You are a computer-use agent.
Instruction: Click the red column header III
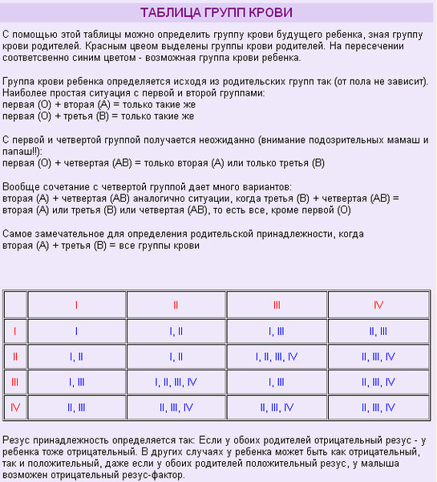click(277, 305)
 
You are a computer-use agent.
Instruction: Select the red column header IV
click(378, 305)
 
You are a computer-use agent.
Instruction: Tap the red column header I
click(76, 305)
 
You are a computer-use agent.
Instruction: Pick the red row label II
click(15, 356)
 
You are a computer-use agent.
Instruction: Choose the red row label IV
click(15, 407)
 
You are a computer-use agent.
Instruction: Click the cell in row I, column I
click(76, 330)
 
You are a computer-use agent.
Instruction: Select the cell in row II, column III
click(277, 356)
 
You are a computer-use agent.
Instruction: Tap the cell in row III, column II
click(176, 382)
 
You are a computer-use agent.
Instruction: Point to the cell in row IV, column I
click(76, 407)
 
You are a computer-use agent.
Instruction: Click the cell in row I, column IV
click(378, 330)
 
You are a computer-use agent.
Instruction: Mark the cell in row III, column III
click(277, 382)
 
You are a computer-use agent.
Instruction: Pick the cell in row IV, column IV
click(378, 407)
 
